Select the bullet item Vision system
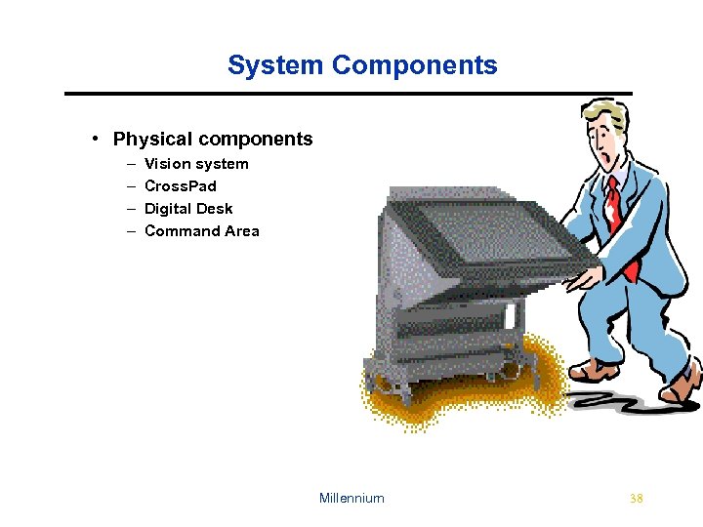click(x=196, y=164)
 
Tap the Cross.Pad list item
click(x=181, y=186)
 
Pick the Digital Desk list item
click(x=188, y=209)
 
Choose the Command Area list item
click(x=201, y=231)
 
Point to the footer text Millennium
click(x=351, y=499)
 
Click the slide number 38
click(x=637, y=499)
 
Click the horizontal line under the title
click(x=349, y=94)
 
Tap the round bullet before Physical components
click(x=97, y=139)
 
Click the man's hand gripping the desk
click(x=586, y=277)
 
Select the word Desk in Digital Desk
click(x=215, y=209)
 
